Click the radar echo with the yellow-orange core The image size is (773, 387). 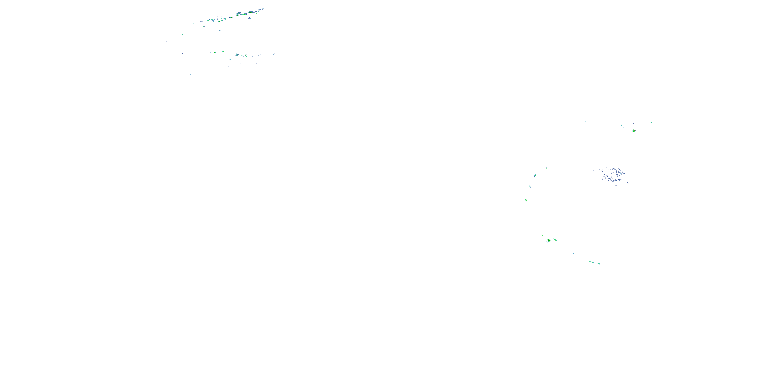coord(634,131)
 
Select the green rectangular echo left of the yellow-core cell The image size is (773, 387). coord(621,125)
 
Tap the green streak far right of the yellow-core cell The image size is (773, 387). coord(651,122)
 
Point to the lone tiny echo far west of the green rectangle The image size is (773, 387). coord(585,122)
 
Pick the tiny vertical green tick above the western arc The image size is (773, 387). coord(547,168)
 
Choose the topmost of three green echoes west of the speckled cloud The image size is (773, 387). coord(535,175)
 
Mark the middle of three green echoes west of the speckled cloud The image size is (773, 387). coord(530,187)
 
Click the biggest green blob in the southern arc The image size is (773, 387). coord(549,240)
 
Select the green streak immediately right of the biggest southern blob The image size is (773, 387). coord(555,239)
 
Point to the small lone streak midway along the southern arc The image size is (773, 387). coord(574,254)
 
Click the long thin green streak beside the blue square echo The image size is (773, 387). coord(591,262)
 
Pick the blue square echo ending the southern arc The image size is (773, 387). coord(599,263)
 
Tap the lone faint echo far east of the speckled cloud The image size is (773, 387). coord(702,198)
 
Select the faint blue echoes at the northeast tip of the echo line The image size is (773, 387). coord(262,9)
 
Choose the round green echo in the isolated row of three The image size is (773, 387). coord(223,52)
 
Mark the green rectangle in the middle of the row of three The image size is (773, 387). coord(215,52)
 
